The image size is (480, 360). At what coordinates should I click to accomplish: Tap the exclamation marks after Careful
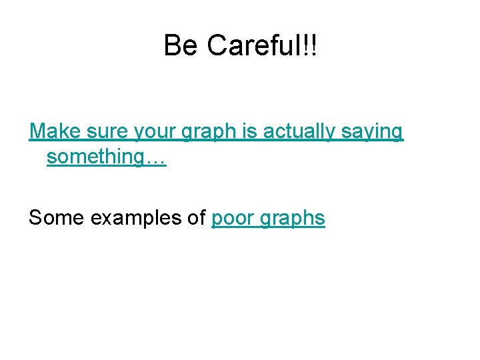pos(311,45)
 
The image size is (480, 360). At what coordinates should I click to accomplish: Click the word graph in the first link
pos(213,131)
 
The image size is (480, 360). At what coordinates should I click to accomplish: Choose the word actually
pos(299,131)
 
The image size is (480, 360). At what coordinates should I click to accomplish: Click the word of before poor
pos(196,218)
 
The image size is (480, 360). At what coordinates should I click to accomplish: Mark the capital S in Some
pos(35,218)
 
